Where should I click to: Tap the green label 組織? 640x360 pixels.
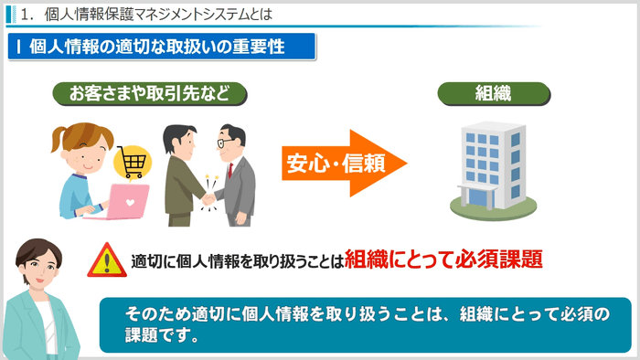[493, 93]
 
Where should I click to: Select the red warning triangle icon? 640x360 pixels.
[107, 260]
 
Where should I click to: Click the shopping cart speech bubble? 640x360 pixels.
[132, 164]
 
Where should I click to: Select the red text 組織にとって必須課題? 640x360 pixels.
[444, 259]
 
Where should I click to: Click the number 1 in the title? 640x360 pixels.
[33, 15]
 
